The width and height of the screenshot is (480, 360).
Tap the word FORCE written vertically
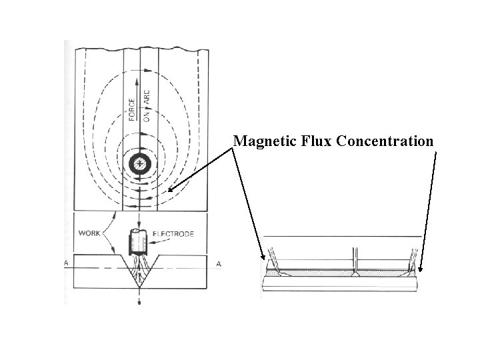132,109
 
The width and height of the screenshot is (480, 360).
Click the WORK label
90,234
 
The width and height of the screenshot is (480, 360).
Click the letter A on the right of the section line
218,264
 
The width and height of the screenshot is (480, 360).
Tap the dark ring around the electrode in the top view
140,163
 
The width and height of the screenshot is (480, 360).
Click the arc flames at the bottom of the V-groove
140,273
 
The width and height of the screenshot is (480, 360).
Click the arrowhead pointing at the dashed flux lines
171,190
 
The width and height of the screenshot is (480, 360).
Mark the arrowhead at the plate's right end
421,272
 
